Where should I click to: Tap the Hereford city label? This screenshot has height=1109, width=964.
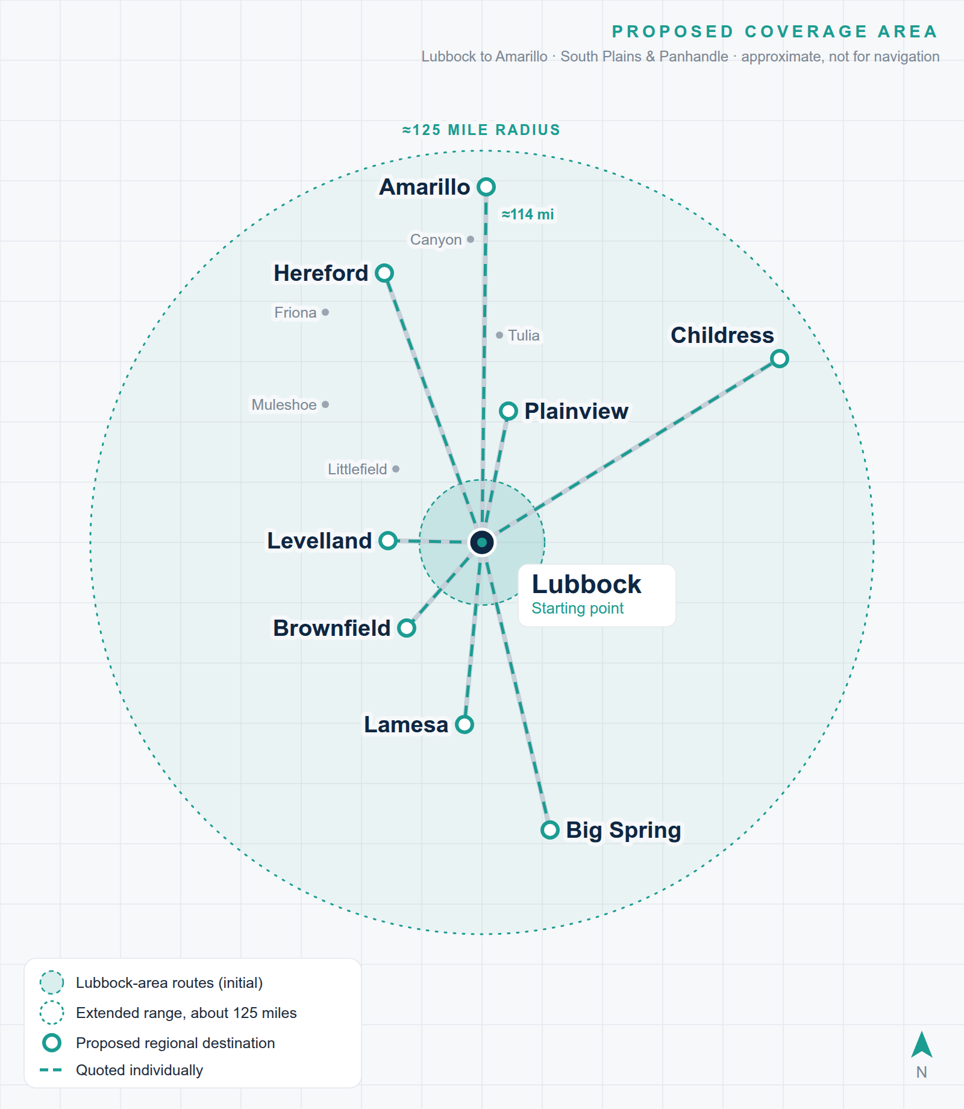(x=321, y=273)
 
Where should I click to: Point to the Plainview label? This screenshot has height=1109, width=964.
(x=576, y=411)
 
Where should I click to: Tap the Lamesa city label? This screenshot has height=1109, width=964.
(x=406, y=724)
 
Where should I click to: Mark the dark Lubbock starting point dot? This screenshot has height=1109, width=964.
(x=482, y=542)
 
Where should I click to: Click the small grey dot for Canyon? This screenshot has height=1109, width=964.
(x=471, y=239)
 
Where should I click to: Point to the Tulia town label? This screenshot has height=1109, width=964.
(x=524, y=335)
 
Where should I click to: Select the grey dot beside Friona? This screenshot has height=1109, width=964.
(x=325, y=312)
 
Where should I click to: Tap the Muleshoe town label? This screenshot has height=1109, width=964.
(x=284, y=404)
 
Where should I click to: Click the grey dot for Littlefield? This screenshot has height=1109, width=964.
(x=396, y=469)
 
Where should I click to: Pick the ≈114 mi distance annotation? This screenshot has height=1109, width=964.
(x=528, y=215)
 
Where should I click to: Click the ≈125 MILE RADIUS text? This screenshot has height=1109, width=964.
(x=481, y=130)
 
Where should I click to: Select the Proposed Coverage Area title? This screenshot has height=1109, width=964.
(x=775, y=31)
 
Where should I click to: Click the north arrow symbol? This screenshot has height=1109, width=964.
(x=922, y=1045)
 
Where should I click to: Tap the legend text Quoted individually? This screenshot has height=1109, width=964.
(x=139, y=1070)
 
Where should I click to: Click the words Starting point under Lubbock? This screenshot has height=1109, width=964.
(x=577, y=608)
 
